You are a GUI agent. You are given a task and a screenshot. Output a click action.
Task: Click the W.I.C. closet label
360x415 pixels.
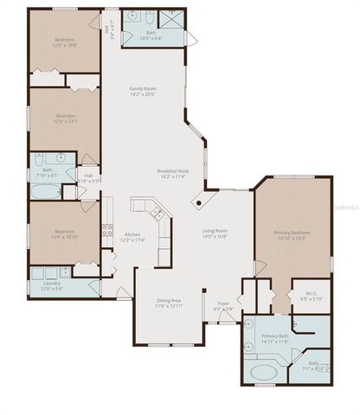click(x=311, y=293)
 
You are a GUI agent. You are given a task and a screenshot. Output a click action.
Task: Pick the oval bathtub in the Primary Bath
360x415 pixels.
click(x=263, y=373)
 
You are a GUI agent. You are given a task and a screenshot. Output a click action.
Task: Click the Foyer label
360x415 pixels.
click(x=222, y=303)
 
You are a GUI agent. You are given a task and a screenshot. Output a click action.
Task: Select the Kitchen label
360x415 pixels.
click(x=132, y=234)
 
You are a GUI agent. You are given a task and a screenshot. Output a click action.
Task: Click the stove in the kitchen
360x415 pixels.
click(x=108, y=230)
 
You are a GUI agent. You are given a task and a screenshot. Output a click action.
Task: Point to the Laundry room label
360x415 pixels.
click(x=51, y=284)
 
